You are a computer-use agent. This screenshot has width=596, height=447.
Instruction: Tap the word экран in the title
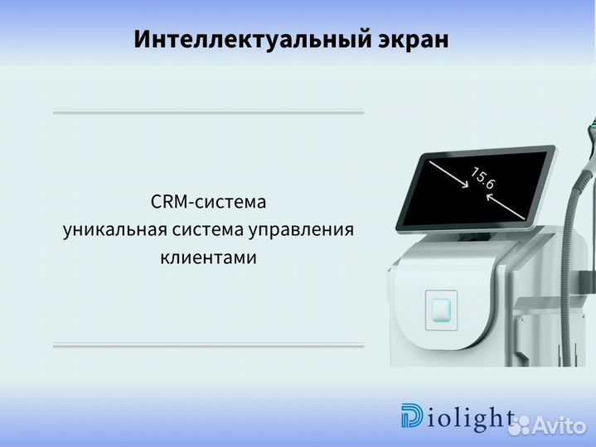[x=411, y=40]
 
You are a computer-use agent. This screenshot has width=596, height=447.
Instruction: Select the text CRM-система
[x=208, y=201]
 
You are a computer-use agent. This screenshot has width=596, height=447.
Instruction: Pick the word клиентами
[x=208, y=257]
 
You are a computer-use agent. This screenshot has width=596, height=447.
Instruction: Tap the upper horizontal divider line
[x=208, y=112]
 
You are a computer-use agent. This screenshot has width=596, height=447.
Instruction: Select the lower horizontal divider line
[x=208, y=345]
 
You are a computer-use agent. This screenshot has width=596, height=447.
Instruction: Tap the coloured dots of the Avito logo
[x=522, y=425]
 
